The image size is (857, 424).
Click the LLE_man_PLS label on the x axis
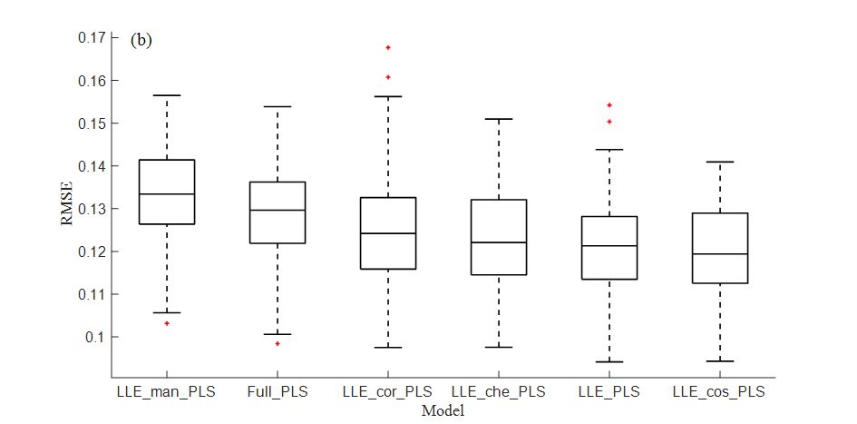click(166, 392)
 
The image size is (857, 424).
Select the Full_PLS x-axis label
click(278, 392)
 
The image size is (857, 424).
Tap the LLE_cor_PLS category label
click(388, 392)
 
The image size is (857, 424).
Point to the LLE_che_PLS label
click(499, 392)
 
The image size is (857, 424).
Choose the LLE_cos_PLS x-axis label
click(719, 392)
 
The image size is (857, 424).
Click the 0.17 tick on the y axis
click(91, 38)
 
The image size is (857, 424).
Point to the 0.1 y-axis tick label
click(95, 337)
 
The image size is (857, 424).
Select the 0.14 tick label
click(91, 166)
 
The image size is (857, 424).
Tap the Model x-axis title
click(443, 410)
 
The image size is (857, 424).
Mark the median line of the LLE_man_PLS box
click(167, 194)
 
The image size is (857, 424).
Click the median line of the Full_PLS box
click(278, 210)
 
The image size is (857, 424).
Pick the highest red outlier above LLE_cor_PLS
click(388, 47)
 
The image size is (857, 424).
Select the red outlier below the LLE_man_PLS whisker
click(167, 323)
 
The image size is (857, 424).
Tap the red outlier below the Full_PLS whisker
click(278, 343)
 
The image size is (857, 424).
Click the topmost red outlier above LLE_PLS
click(609, 105)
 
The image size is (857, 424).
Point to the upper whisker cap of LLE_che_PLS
click(499, 119)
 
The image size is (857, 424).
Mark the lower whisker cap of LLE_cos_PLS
click(720, 361)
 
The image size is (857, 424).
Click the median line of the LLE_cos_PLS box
click(720, 253)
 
